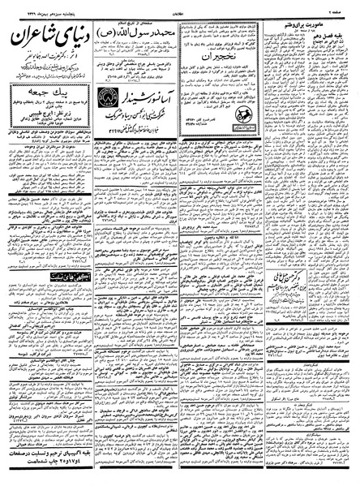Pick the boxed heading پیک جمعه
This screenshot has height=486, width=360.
point(44,96)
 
